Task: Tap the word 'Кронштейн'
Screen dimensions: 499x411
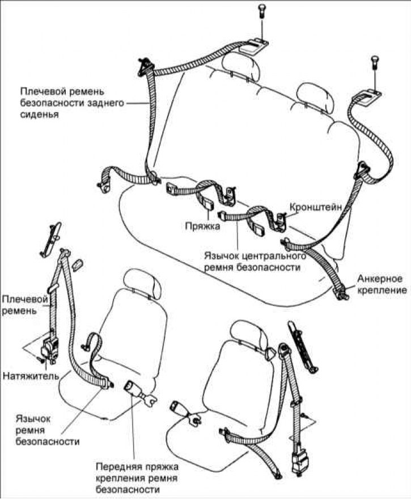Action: [x=316, y=207]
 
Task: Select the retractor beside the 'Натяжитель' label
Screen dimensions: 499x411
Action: [x=53, y=347]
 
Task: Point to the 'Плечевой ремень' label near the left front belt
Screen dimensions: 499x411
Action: [x=20, y=304]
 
